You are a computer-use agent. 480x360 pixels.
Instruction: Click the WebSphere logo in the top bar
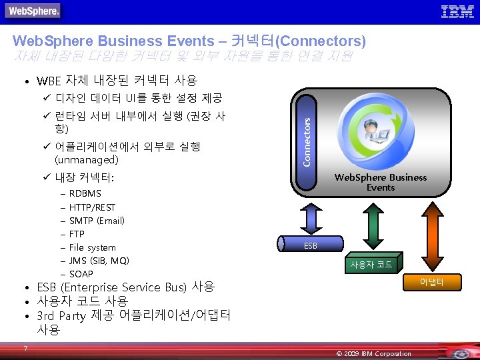pyautogui.click(x=34, y=11)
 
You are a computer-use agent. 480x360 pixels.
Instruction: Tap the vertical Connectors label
pyautogui.click(x=307, y=141)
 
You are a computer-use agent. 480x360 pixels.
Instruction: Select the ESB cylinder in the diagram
pyautogui.click(x=311, y=245)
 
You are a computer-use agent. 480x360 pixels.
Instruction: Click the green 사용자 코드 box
pyautogui.click(x=372, y=264)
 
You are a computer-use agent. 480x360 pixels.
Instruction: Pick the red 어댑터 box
pyautogui.click(x=431, y=283)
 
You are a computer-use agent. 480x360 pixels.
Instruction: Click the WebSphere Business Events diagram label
pyautogui.click(x=380, y=182)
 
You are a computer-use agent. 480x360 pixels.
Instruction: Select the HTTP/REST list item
pyautogui.click(x=92, y=207)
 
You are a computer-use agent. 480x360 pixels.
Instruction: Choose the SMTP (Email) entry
pyautogui.click(x=97, y=221)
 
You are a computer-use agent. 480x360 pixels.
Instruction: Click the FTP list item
pyautogui.click(x=77, y=234)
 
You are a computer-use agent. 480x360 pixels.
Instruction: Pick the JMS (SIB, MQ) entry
pyautogui.click(x=99, y=261)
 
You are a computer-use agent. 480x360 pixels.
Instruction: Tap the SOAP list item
pyautogui.click(x=81, y=274)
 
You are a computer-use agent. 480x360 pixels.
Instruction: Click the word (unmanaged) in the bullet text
pyautogui.click(x=87, y=160)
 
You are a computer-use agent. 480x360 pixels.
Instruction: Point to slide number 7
pyautogui.click(x=25, y=348)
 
